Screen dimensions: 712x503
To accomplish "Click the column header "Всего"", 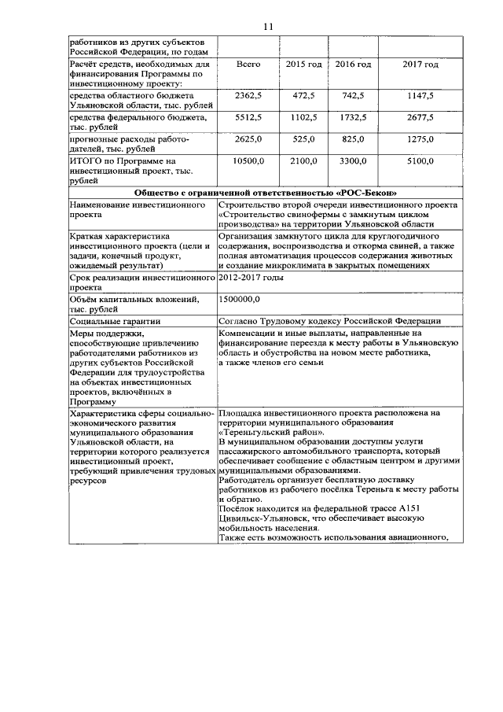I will tap(248, 63).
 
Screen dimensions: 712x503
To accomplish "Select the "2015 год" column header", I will tap(303, 63).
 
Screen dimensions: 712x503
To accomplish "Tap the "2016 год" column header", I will tap(353, 63).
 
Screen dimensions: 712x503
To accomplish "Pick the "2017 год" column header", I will tap(420, 63).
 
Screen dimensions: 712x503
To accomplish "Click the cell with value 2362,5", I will tap(248, 95).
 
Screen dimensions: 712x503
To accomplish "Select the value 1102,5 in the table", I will tap(303, 117).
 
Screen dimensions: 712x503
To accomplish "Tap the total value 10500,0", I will tap(248, 161).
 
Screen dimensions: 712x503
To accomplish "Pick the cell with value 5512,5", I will tap(248, 117).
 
